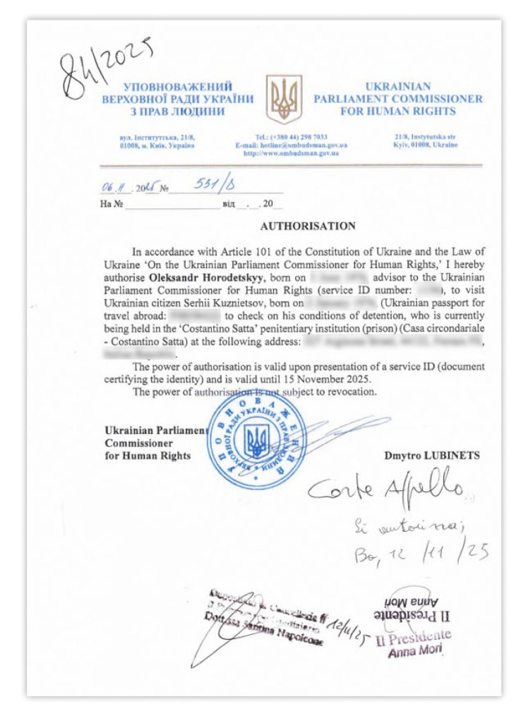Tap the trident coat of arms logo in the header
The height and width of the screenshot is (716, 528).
[283, 99]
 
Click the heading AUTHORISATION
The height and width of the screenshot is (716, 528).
[308, 226]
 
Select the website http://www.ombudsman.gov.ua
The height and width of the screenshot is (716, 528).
[291, 153]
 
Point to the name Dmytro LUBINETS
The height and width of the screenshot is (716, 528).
[431, 456]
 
